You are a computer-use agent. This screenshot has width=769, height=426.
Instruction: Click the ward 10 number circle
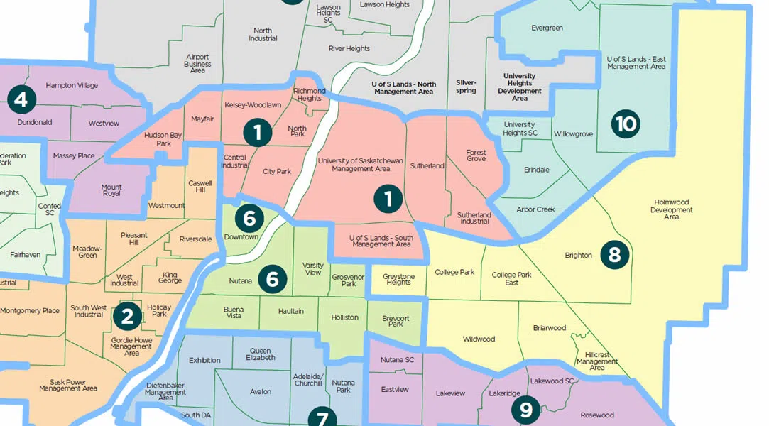(626, 125)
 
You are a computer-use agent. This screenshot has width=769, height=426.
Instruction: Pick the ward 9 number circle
(525, 410)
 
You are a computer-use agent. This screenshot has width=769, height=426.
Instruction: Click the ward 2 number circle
(127, 317)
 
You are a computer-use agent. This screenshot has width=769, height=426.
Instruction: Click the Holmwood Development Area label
(671, 209)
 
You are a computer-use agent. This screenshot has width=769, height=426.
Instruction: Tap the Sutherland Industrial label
(474, 218)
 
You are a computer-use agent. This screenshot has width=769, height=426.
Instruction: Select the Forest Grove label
(476, 155)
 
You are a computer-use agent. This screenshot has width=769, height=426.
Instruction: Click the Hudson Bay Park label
(158, 138)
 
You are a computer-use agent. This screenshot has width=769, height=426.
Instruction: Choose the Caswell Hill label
(200, 187)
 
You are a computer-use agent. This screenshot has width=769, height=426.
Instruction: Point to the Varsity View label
(312, 268)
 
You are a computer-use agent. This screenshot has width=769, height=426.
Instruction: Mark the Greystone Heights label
(398, 278)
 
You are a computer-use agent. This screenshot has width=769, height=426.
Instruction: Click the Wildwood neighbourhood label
(479, 339)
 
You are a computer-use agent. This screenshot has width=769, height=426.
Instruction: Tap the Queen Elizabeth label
(261, 354)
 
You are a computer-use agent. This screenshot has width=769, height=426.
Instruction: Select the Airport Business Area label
(197, 63)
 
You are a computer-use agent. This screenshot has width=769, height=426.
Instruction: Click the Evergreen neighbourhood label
(547, 28)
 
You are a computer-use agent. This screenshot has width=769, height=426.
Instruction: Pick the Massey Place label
(74, 155)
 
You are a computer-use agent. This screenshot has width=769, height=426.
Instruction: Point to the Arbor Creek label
(535, 209)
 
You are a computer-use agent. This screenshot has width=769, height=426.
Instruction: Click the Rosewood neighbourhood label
(596, 415)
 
